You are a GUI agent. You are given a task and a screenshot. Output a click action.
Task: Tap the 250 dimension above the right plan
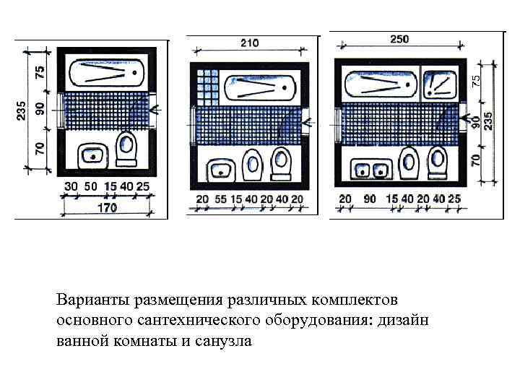(399, 40)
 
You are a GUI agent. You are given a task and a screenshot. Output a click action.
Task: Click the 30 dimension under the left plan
(71, 187)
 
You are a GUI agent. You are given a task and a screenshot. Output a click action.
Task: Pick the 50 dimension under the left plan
(90, 187)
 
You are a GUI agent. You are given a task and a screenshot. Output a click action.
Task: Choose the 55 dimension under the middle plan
(219, 199)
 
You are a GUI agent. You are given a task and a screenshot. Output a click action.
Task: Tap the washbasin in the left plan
(92, 155)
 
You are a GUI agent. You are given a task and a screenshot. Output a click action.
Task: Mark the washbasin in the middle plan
(220, 170)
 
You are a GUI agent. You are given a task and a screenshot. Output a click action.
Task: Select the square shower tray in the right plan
(441, 85)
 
